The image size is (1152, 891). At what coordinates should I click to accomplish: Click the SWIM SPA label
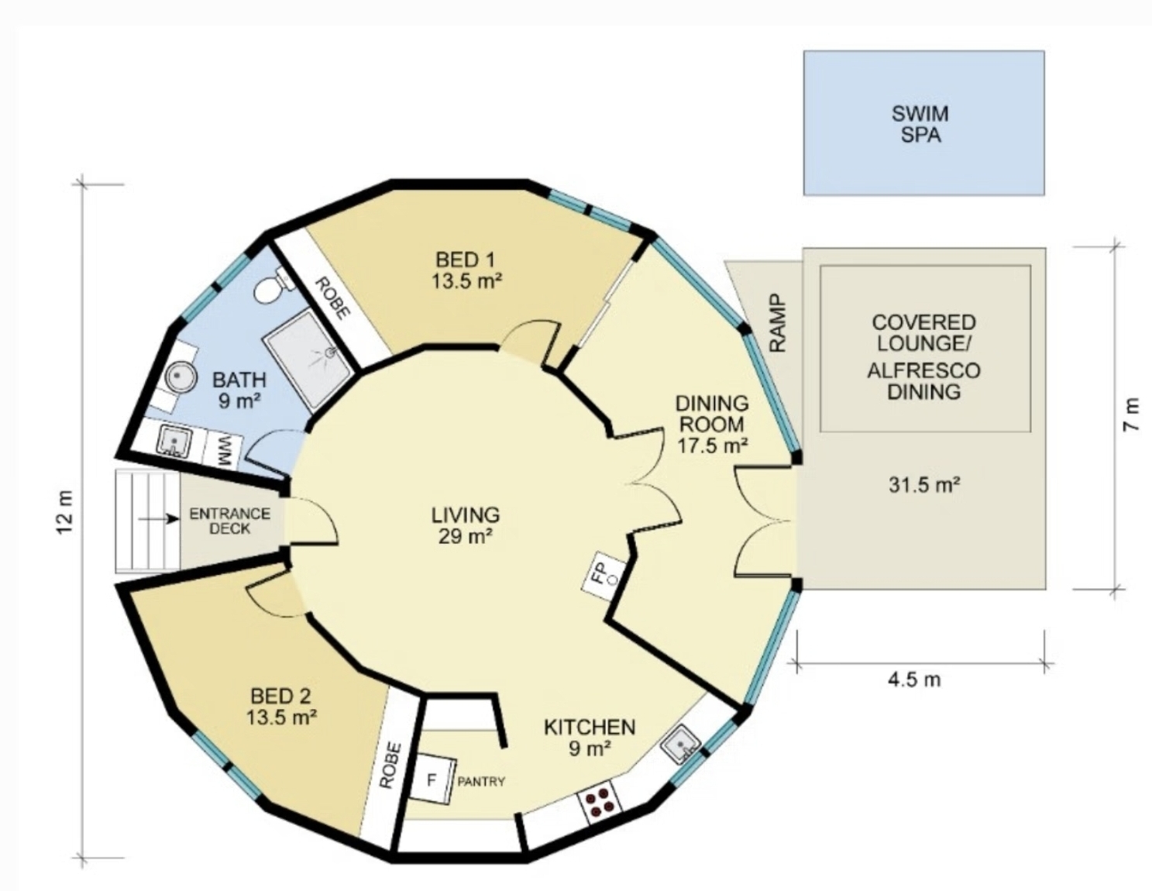(x=923, y=124)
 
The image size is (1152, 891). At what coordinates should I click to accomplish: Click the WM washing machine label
(x=225, y=450)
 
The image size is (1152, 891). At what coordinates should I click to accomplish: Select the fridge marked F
(x=432, y=780)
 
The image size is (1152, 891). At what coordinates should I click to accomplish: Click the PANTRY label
(x=481, y=781)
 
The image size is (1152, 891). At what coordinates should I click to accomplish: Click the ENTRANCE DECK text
(x=229, y=521)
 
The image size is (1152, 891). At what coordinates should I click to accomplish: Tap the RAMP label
(x=777, y=323)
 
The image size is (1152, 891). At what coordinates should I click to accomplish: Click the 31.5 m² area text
(x=924, y=484)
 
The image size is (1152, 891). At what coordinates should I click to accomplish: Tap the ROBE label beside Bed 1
(x=333, y=298)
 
